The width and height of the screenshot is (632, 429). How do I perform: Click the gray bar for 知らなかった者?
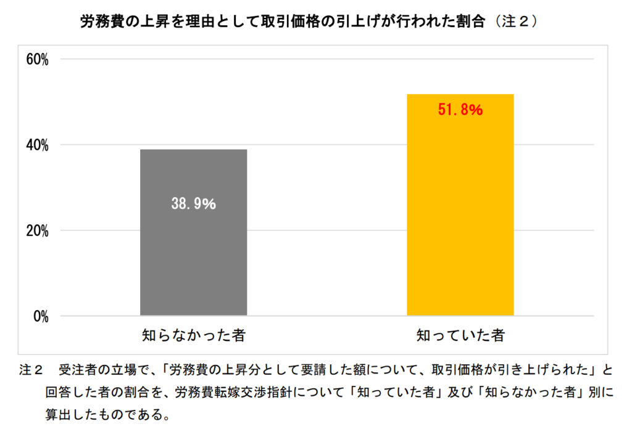(193, 259)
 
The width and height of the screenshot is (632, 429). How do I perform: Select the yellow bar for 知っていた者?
(460, 234)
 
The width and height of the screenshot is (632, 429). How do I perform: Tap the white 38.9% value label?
(193, 204)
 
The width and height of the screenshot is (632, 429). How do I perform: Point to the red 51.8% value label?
(460, 111)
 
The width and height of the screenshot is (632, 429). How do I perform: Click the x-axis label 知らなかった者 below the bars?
(193, 336)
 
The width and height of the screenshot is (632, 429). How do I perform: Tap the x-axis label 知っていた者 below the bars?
(460, 336)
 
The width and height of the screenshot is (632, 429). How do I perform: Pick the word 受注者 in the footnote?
(80, 371)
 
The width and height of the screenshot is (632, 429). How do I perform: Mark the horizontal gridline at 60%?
(321, 59)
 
